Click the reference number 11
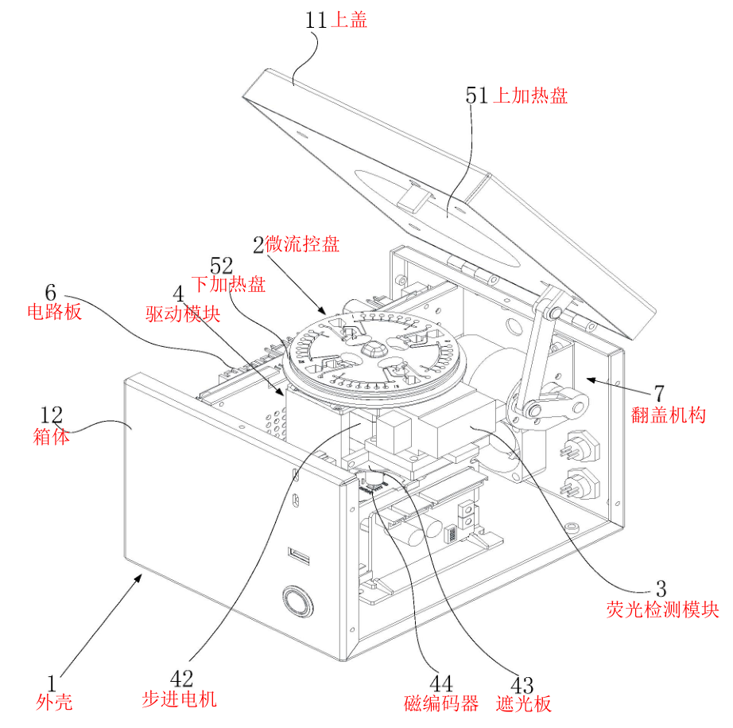(316, 20)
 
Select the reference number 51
(476, 96)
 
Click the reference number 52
(223, 265)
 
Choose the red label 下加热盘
(228, 284)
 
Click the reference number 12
(52, 415)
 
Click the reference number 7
(658, 392)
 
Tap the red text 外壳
(54, 701)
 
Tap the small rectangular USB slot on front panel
(299, 554)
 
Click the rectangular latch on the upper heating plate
(413, 195)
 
